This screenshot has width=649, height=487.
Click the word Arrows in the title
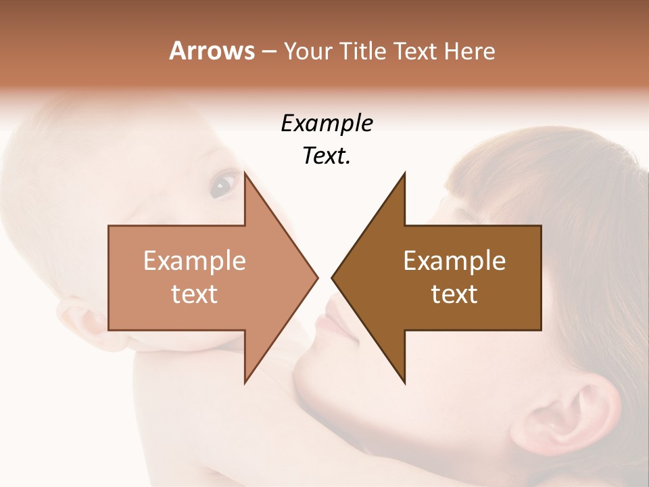point(212,51)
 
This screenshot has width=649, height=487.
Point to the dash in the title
point(269,51)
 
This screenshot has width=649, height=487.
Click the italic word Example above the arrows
point(327,124)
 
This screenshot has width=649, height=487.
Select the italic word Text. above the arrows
point(327,156)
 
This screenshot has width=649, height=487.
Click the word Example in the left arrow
point(194,261)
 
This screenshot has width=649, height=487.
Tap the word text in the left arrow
point(194,294)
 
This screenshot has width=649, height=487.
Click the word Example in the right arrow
point(454,261)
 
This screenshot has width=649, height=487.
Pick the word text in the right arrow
point(454,294)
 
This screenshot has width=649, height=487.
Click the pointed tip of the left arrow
point(316,277)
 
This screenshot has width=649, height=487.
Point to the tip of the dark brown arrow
point(333,277)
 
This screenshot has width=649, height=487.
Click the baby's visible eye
point(222,183)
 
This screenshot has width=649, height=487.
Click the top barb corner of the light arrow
point(245,173)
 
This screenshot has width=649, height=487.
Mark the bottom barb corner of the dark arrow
point(404,383)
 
